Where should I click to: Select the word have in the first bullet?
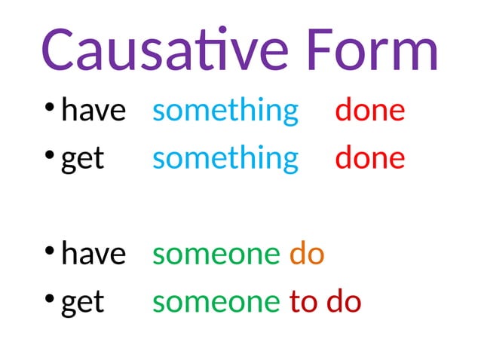[93, 111]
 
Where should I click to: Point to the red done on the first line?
[370, 111]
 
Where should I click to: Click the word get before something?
[82, 160]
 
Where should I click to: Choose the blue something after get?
[225, 160]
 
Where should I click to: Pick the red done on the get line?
[370, 158]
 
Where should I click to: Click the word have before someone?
[93, 255]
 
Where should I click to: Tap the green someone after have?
[216, 255]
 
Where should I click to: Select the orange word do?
[307, 255]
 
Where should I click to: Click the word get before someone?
[82, 303]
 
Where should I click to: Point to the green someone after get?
[216, 302]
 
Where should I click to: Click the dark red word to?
[304, 302]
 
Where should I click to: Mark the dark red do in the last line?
[345, 302]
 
